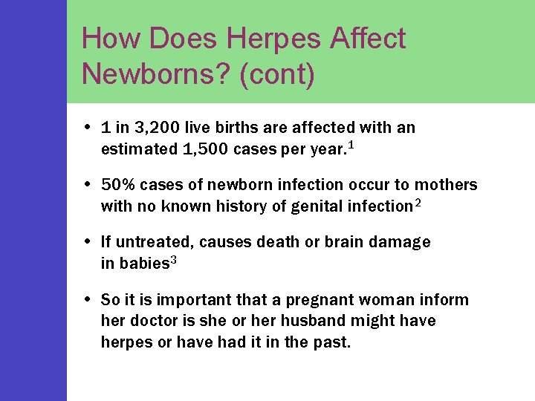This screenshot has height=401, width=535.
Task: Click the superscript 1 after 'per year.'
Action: coord(350,145)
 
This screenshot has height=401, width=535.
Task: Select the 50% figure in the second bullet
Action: coord(117,185)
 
